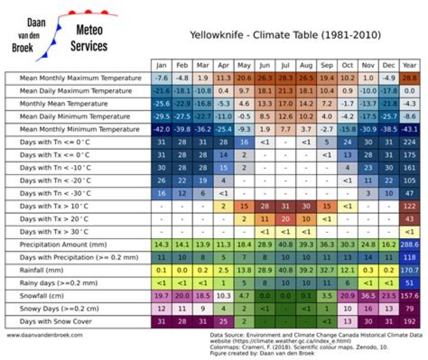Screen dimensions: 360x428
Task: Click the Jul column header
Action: (285, 65)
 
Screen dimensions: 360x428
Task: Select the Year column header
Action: (409, 65)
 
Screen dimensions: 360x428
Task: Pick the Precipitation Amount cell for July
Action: (285, 244)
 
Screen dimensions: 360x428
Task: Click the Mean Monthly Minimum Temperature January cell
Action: (160, 129)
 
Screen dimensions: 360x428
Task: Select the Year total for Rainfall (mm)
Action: (409, 270)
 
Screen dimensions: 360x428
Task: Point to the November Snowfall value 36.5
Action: (368, 295)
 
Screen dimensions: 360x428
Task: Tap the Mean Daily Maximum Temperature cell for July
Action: (285, 91)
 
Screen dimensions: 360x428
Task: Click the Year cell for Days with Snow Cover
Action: (409, 321)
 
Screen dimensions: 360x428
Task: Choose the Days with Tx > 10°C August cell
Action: (306, 206)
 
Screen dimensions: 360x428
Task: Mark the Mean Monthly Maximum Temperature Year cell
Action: (409, 78)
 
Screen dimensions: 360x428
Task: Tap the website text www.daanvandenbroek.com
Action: (45, 335)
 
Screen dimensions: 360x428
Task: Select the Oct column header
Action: (347, 65)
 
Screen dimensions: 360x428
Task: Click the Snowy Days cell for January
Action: (160, 308)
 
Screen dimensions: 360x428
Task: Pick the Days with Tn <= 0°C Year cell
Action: (409, 142)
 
